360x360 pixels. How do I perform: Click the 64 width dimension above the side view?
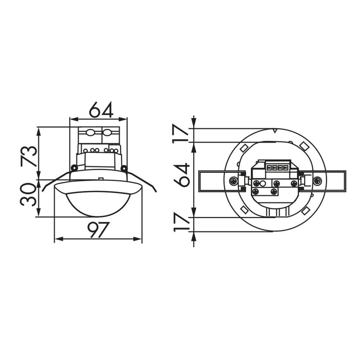tap(101, 110)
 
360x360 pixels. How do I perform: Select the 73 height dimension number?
tap(29, 156)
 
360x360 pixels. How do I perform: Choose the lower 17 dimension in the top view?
tap(182, 223)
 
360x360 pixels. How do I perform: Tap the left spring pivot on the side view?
tap(74, 168)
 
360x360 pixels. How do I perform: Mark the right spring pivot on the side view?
tap(124, 168)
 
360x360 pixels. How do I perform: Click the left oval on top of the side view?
tap(90, 133)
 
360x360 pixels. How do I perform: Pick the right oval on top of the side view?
tap(107, 133)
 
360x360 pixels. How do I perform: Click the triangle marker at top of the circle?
tap(275, 131)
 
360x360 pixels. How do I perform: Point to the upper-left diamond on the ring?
tap(244, 148)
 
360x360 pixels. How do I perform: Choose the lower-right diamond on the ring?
tap(306, 210)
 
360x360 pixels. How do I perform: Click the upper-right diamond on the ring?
tap(304, 146)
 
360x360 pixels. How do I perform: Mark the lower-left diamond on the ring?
tap(244, 210)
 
